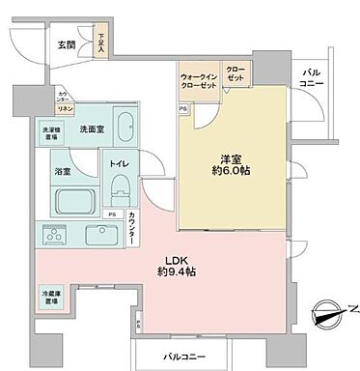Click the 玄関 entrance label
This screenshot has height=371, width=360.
pos(66,44)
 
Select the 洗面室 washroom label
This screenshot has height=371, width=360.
pos(92,128)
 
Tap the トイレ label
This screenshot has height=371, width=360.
pos(121,165)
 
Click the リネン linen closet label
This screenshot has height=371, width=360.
pos(61,108)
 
